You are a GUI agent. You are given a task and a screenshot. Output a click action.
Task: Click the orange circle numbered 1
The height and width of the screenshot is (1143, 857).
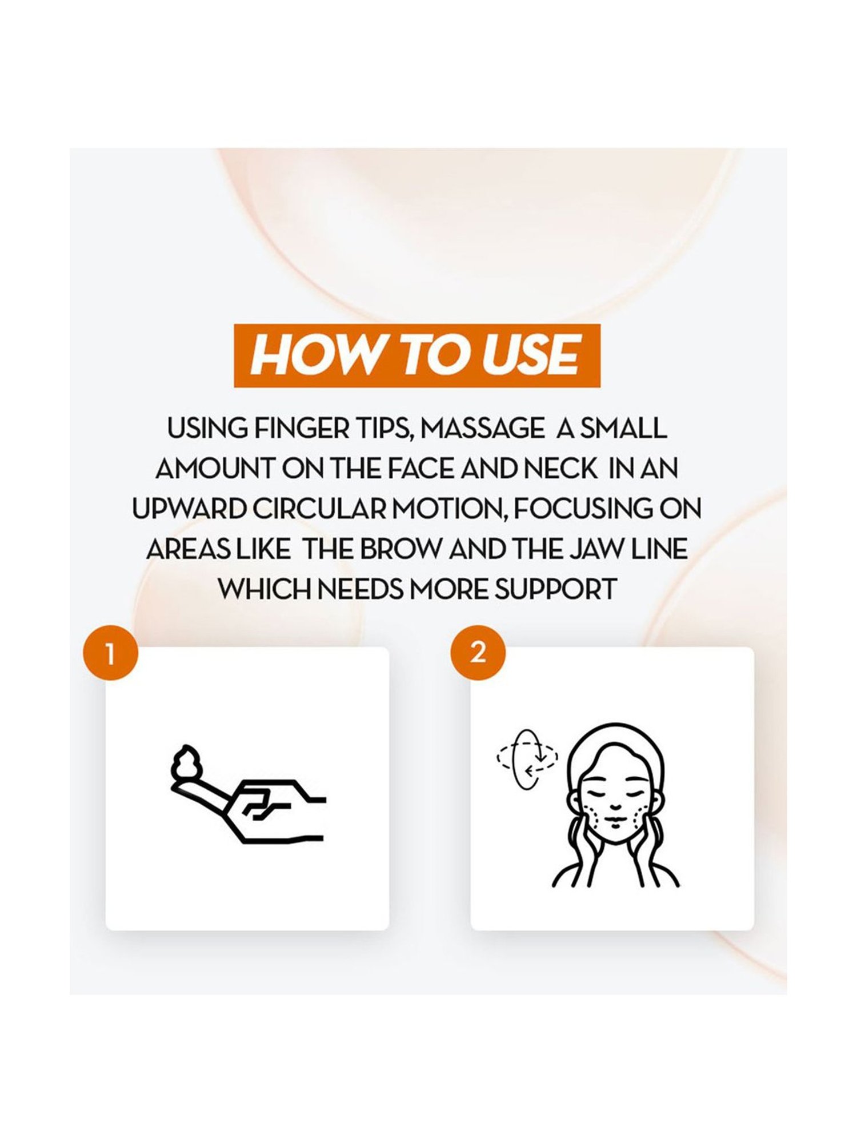point(111,654)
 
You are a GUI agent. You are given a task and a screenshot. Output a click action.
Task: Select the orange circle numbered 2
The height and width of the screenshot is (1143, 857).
point(478,653)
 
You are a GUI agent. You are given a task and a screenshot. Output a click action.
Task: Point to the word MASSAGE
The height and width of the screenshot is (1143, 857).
point(483,429)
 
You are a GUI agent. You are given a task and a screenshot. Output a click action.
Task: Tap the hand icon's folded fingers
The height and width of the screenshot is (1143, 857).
point(262,805)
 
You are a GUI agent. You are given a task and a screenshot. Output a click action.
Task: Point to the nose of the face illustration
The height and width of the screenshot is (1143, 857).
point(615,806)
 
